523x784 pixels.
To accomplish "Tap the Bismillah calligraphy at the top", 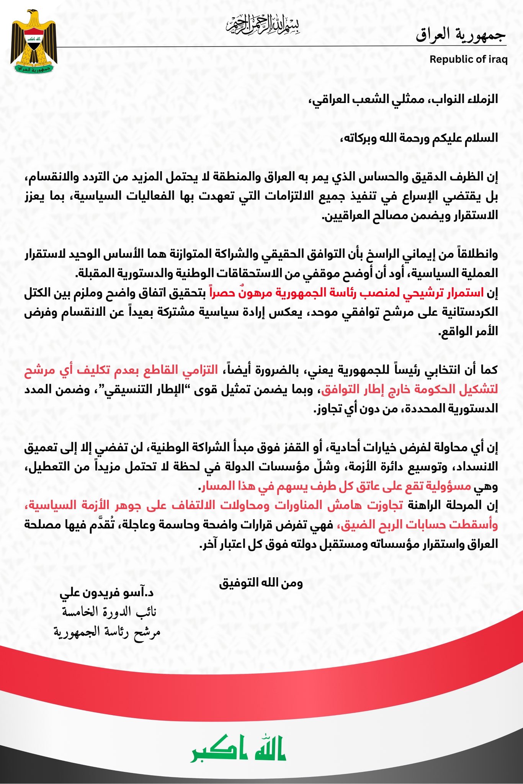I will click(262, 24).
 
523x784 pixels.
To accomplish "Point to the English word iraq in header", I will click(498, 59).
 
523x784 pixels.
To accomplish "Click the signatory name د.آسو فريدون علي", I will click(107, 593).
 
